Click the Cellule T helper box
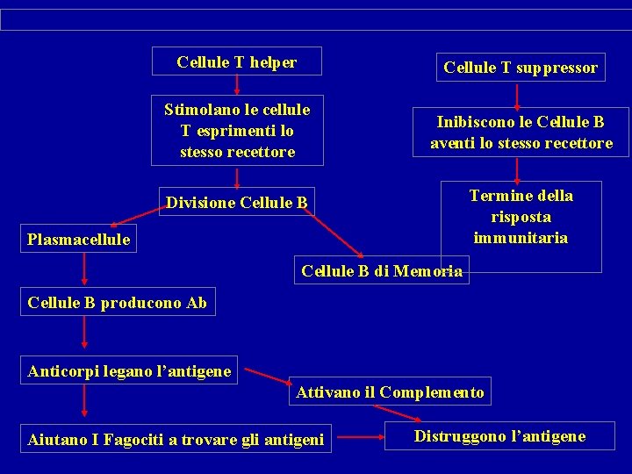coord(237,62)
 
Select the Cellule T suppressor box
coord(521,68)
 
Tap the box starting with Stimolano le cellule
coord(237,131)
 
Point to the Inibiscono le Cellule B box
coord(521,133)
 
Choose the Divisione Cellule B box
coord(237,204)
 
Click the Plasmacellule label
coord(79,239)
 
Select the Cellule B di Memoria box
coord(381,271)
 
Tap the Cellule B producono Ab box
coord(118,303)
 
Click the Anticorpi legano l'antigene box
coord(130,371)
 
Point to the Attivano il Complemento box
coord(390,392)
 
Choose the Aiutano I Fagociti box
coord(176,439)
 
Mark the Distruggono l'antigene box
coord(499,436)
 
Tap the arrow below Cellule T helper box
coord(237,84)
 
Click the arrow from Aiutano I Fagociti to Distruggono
coord(355,437)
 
